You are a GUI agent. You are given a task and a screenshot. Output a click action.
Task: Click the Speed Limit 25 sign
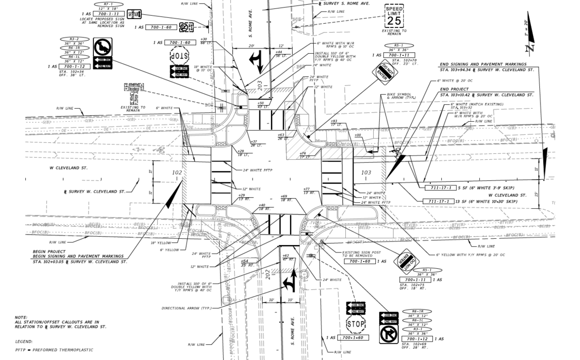click(x=394, y=16)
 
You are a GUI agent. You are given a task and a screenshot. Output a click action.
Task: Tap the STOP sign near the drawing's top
click(x=179, y=55)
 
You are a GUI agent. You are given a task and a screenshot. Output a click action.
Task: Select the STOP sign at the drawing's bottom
click(x=356, y=323)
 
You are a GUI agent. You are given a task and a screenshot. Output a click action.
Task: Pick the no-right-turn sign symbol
click(x=389, y=334)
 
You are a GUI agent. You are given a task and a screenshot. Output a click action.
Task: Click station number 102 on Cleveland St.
click(x=177, y=172)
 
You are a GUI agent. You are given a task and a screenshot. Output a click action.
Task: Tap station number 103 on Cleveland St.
click(x=366, y=172)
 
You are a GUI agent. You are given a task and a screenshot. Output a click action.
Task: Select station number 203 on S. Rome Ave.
click(x=259, y=84)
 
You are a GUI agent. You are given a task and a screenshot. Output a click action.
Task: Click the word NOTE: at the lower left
click(x=22, y=317)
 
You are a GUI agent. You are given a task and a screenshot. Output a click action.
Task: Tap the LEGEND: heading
click(x=24, y=342)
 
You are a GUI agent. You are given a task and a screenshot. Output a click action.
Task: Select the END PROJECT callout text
click(x=454, y=89)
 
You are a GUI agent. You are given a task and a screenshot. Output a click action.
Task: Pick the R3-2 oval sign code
click(x=74, y=40)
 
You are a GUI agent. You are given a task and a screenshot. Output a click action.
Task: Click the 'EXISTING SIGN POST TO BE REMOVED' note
click(x=361, y=254)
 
